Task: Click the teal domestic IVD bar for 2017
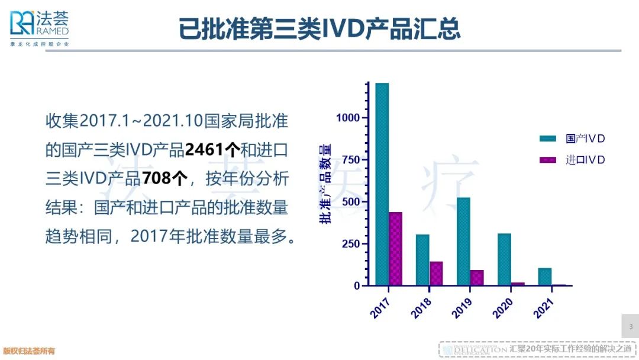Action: [382, 184]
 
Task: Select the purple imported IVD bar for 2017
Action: [395, 249]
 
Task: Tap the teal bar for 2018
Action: [422, 260]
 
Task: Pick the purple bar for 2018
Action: [436, 274]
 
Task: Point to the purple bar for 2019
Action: [477, 278]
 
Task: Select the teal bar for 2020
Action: [504, 259]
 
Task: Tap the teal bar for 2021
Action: [545, 277]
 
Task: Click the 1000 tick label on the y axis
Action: [348, 118]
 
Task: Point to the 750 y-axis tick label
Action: [351, 160]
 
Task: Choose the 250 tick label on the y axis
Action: [351, 244]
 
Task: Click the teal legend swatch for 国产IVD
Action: [548, 139]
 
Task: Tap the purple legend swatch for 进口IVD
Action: [548, 160]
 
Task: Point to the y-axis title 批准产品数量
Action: [326, 184]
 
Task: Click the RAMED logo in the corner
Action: [39, 27]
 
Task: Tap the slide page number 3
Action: [630, 327]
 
